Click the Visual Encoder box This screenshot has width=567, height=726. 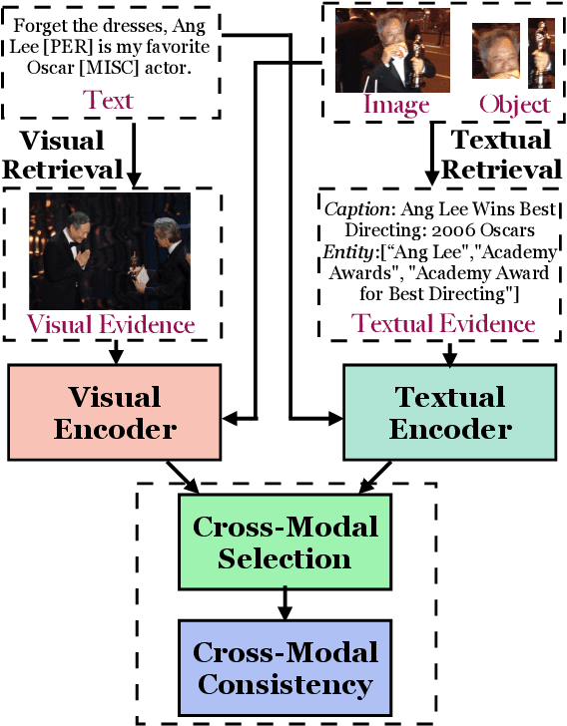[114, 413]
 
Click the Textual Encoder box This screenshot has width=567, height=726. [450, 413]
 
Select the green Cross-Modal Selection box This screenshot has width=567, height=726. [284, 543]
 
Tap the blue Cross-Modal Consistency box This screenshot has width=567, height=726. [284, 669]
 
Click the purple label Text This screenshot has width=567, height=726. [109, 100]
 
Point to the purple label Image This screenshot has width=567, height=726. [395, 105]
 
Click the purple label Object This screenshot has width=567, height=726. [514, 105]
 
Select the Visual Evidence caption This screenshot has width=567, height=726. [110, 324]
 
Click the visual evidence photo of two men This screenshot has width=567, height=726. [110, 250]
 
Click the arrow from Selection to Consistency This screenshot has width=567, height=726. [284, 600]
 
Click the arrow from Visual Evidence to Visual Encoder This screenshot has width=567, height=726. [116, 351]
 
